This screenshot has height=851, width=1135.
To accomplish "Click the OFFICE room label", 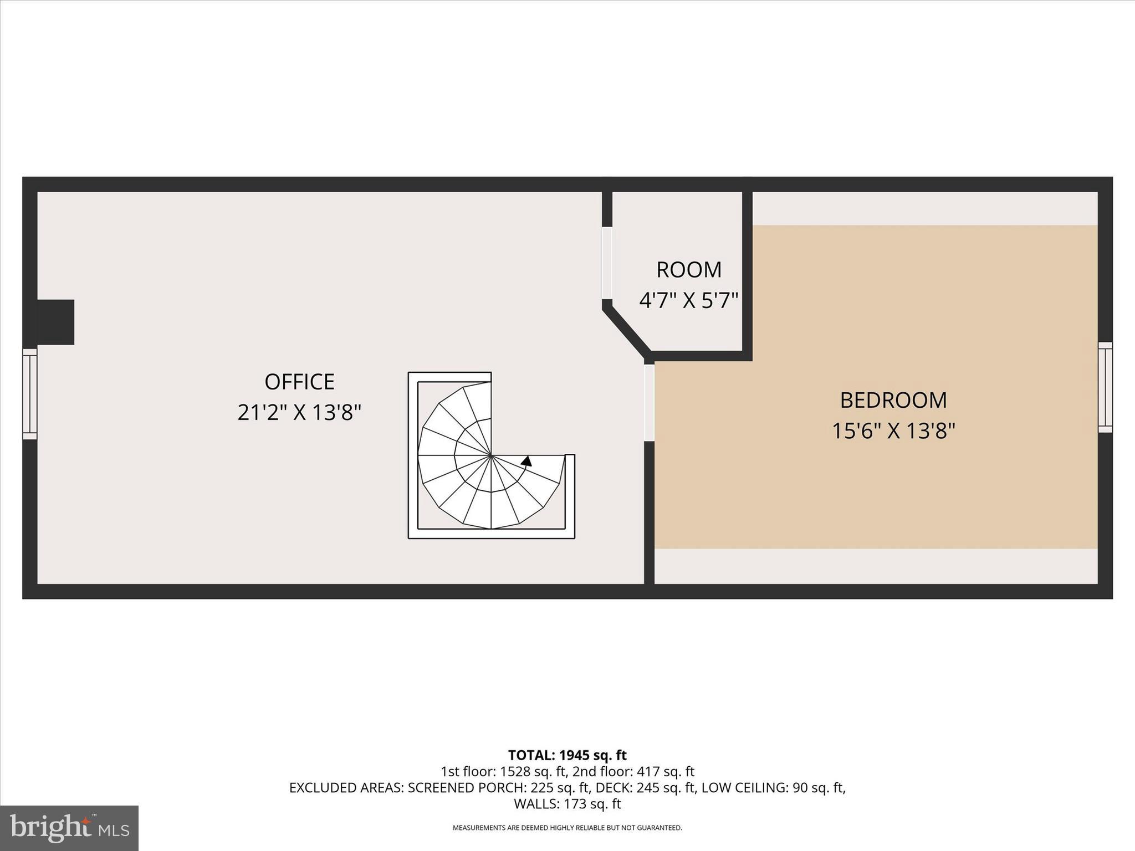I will point(299,382).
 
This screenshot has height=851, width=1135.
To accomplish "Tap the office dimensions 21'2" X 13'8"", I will point(299,413).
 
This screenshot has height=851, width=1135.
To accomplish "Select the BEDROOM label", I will point(893,400).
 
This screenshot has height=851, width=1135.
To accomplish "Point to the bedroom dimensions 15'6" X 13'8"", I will point(893,431).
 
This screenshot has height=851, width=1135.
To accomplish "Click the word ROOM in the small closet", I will point(689,270).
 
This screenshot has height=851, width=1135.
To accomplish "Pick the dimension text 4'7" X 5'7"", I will point(689,300).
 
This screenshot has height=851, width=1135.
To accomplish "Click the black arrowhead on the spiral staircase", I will point(526,461).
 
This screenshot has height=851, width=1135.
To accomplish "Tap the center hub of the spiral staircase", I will point(491,455).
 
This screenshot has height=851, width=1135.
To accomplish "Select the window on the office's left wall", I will point(30,394).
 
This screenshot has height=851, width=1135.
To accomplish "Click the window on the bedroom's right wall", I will point(1105,387).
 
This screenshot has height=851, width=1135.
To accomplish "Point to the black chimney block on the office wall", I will point(55,322).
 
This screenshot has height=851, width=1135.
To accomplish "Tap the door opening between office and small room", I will point(607,263).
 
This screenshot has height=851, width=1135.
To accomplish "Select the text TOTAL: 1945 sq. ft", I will point(567,755).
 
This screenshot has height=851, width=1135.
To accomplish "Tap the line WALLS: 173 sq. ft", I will point(567,803).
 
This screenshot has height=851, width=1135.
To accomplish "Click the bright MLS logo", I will point(69,828).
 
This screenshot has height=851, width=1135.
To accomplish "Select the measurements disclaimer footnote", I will point(567,828).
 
